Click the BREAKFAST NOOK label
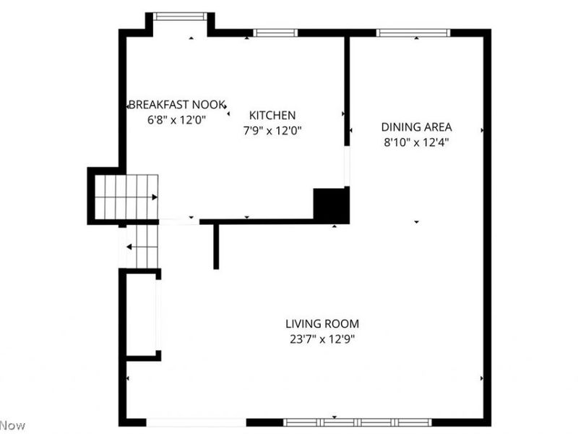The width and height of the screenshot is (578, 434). coord(177,104)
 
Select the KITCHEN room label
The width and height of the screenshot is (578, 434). coord(272,115)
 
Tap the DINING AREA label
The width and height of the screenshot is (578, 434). coord(416,127)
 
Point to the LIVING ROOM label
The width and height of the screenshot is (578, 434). coord(322,324)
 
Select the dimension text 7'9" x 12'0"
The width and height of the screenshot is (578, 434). coord(272,131)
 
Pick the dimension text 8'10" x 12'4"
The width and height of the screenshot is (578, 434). coord(416,142)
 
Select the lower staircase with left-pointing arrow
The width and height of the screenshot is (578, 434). coord(141,247)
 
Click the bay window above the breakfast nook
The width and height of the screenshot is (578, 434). coord(181,16)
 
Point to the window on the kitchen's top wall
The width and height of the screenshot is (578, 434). coord(275,33)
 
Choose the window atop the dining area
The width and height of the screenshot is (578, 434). coord(413,33)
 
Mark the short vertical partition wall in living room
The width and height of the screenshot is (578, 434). coord(215,246)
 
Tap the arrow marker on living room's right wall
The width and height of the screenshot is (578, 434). coord(482,378)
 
